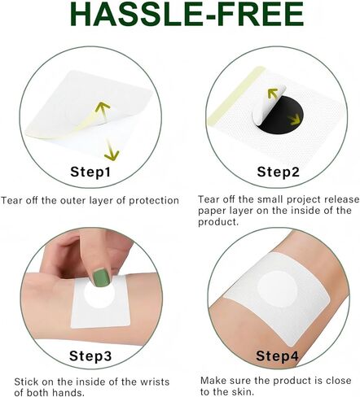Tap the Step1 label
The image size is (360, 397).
point(90,172)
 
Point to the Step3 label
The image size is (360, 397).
point(90,356)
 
